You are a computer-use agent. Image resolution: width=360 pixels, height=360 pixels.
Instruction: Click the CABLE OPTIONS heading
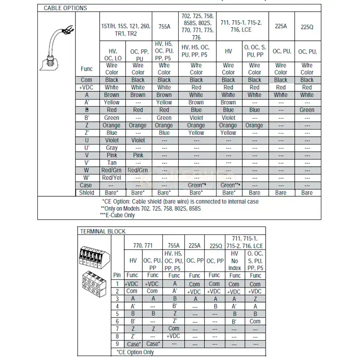coord(65,8)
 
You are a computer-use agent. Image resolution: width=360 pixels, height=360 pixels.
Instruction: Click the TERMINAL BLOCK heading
coord(102,231)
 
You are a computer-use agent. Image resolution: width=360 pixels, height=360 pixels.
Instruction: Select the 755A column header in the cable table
coord(164,26)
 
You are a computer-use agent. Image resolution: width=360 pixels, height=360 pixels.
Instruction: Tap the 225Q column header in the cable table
coord(307,26)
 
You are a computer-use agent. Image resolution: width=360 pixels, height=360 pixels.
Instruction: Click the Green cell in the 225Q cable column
coord(307,110)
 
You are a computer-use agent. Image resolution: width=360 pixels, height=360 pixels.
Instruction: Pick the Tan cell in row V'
coord(112,162)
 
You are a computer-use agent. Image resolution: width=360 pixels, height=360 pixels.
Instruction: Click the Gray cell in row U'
coord(112,148)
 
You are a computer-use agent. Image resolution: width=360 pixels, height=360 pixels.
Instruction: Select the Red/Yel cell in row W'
coord(112,177)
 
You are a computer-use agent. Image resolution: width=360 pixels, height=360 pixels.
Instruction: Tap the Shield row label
coord(86,192)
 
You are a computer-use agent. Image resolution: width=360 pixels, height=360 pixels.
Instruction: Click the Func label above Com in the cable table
coord(86,69)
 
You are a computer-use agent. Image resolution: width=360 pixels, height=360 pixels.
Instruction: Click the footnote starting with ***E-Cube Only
coord(117,215)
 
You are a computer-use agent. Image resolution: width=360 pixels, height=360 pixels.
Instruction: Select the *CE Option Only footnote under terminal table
coord(135,352)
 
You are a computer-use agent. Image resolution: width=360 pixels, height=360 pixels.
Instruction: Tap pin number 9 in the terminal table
coord(117,344)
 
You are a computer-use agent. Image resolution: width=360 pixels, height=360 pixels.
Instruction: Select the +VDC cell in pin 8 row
coord(174,336)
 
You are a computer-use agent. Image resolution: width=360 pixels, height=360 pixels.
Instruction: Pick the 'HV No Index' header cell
coord(234,261)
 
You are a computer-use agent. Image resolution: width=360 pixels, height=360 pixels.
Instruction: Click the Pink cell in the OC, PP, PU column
coord(138,155)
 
